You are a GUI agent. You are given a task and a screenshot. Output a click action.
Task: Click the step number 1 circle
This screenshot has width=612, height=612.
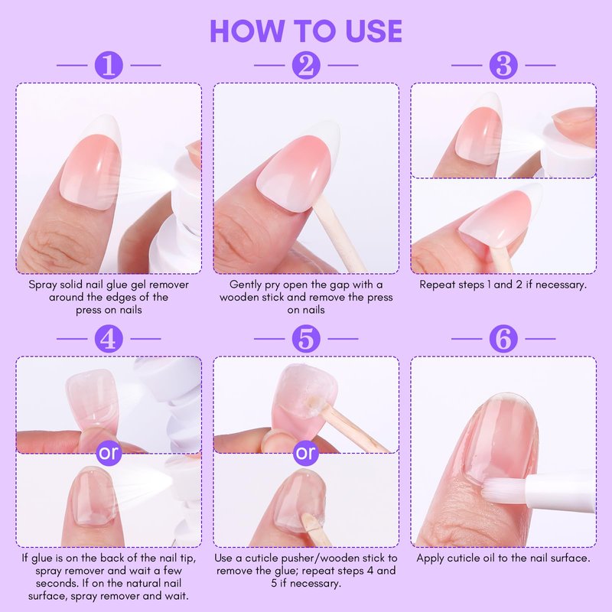click(109, 65)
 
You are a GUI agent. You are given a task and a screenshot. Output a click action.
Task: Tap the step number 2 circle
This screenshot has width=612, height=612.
click(306, 65)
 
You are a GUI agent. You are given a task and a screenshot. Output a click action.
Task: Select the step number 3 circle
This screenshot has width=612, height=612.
click(503, 65)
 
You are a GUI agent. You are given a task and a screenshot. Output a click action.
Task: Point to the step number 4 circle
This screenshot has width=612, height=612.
click(109, 339)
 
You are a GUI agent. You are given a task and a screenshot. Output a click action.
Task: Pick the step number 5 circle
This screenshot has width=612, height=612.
click(306, 339)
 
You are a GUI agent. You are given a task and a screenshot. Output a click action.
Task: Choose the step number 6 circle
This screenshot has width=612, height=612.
click(503, 339)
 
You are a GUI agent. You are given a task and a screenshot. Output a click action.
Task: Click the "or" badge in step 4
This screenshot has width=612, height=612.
click(109, 453)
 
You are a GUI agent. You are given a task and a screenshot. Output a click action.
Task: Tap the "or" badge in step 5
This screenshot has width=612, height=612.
click(306, 453)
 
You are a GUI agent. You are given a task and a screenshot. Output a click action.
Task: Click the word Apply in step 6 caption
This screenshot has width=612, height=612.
click(430, 558)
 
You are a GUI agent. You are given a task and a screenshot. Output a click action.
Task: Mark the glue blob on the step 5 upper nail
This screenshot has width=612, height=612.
click(311, 405)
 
